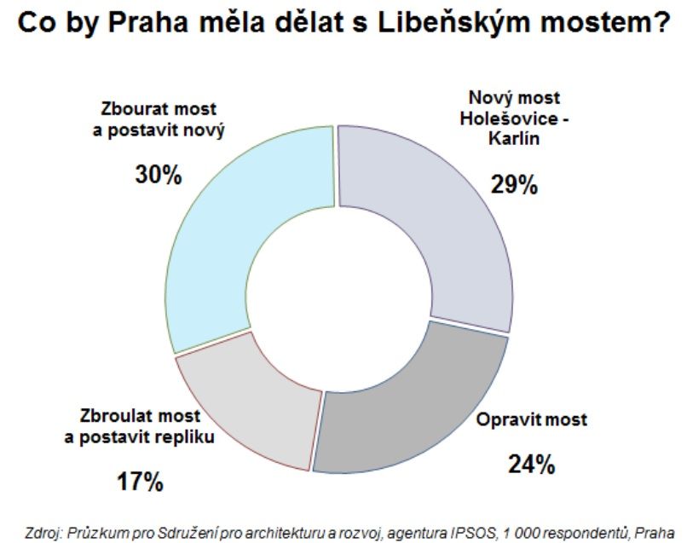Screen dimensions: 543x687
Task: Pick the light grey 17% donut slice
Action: click(x=247, y=392)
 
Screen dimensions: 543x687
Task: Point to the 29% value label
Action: click(x=513, y=184)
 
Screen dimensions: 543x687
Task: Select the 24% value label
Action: click(x=531, y=465)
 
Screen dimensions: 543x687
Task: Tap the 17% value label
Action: click(x=139, y=482)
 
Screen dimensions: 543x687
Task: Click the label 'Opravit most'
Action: click(x=532, y=420)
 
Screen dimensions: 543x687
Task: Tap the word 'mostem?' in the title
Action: click(x=604, y=23)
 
